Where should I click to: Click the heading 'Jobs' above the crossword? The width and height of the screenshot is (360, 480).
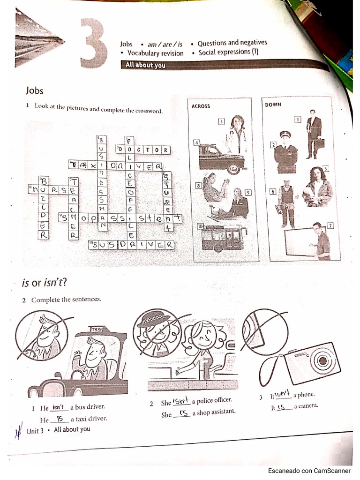click(x=36, y=90)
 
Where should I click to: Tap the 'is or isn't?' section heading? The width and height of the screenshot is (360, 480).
click(x=44, y=282)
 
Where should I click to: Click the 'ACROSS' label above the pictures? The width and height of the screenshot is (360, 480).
click(x=201, y=106)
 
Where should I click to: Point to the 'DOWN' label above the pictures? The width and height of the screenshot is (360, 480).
click(x=273, y=105)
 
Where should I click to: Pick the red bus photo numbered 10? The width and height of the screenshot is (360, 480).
click(x=223, y=238)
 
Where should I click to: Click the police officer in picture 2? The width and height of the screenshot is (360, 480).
click(x=285, y=151)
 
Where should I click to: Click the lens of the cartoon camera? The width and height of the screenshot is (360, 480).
click(x=322, y=360)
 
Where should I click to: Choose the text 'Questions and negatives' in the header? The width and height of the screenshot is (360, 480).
click(x=232, y=43)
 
